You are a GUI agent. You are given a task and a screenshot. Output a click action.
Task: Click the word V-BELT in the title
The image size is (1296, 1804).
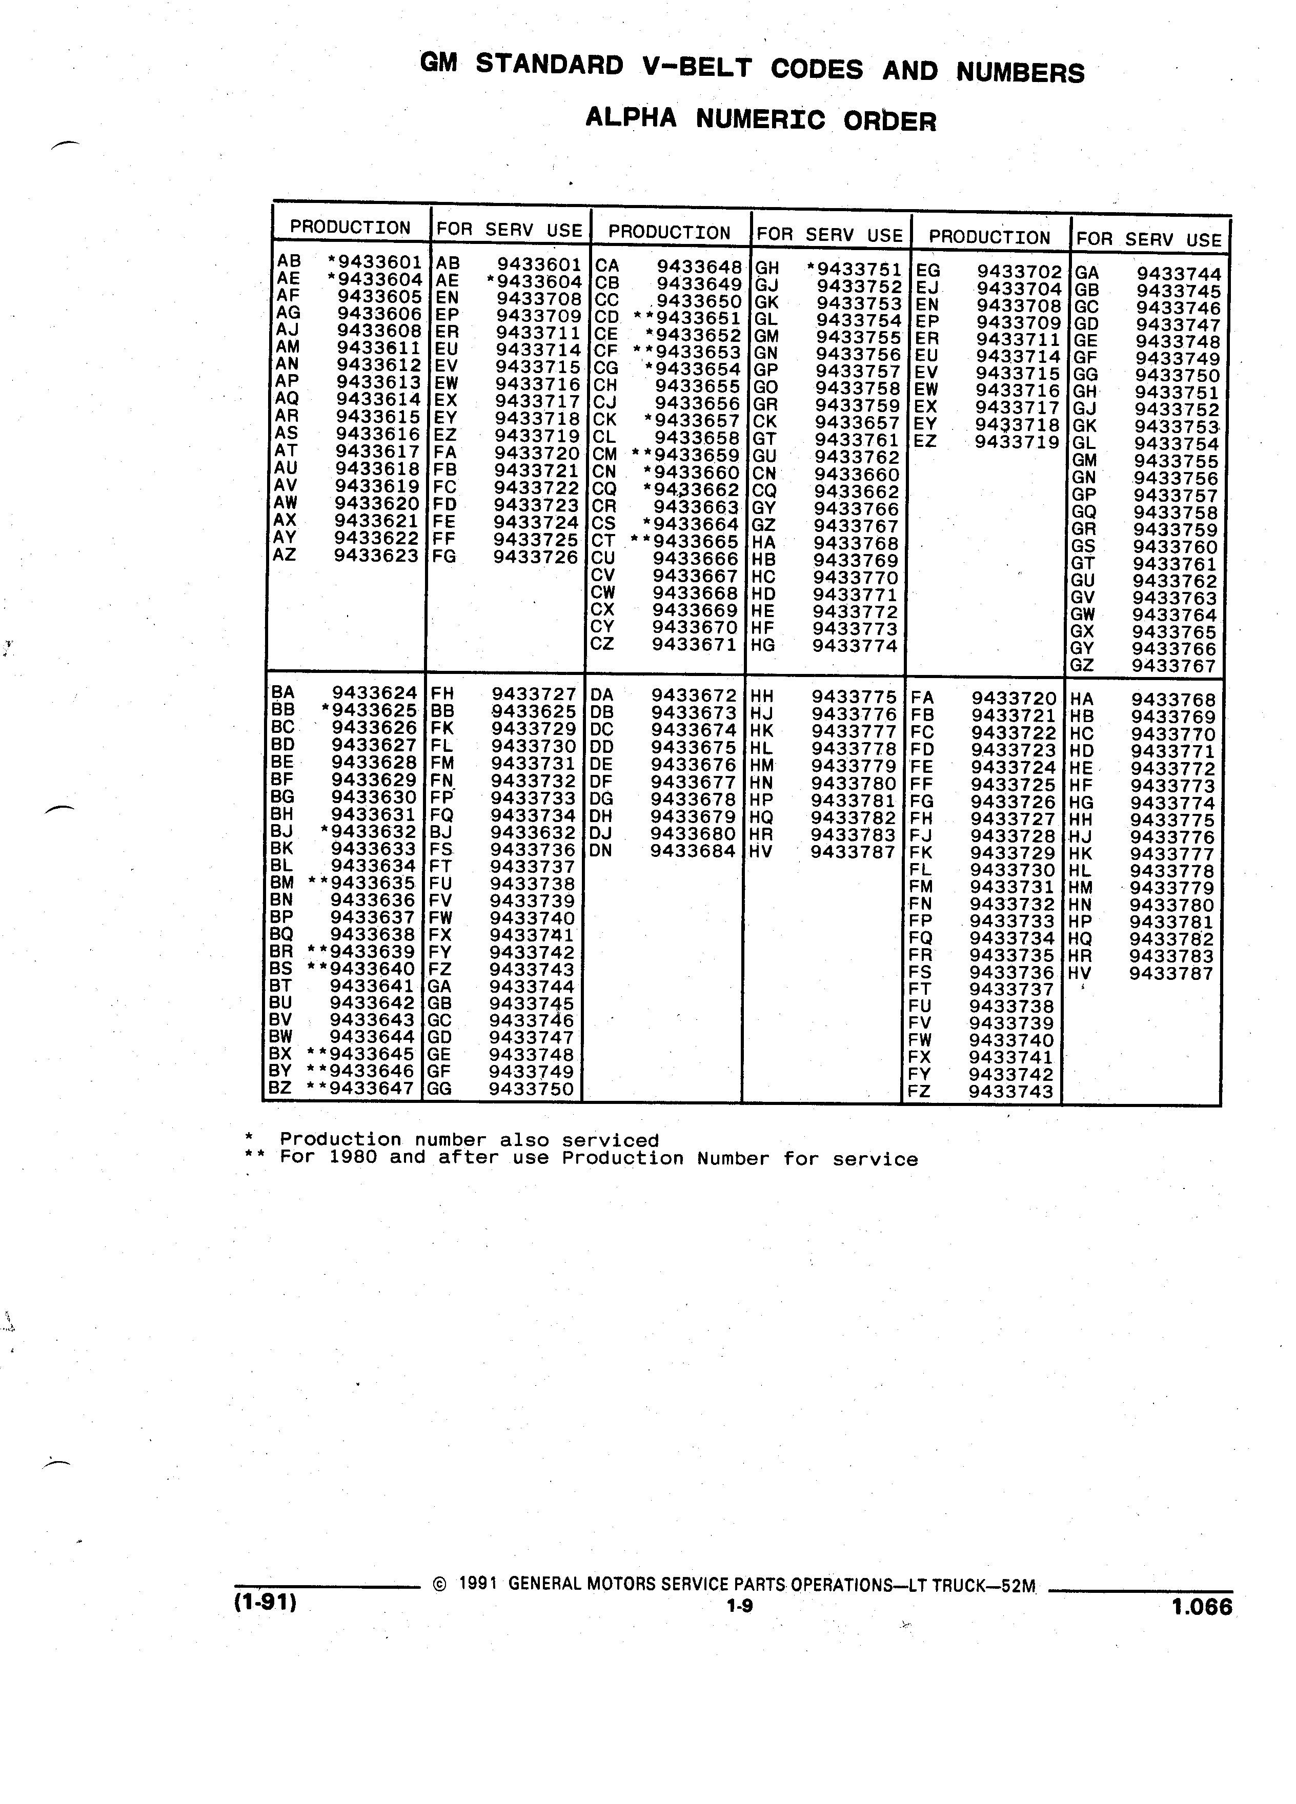click(x=696, y=68)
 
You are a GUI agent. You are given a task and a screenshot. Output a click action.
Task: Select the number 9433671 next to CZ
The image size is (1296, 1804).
click(x=695, y=644)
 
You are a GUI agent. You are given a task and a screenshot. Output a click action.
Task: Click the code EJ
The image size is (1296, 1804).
click(x=927, y=288)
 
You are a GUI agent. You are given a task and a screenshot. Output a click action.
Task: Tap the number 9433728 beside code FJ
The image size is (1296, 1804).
click(x=1013, y=836)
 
